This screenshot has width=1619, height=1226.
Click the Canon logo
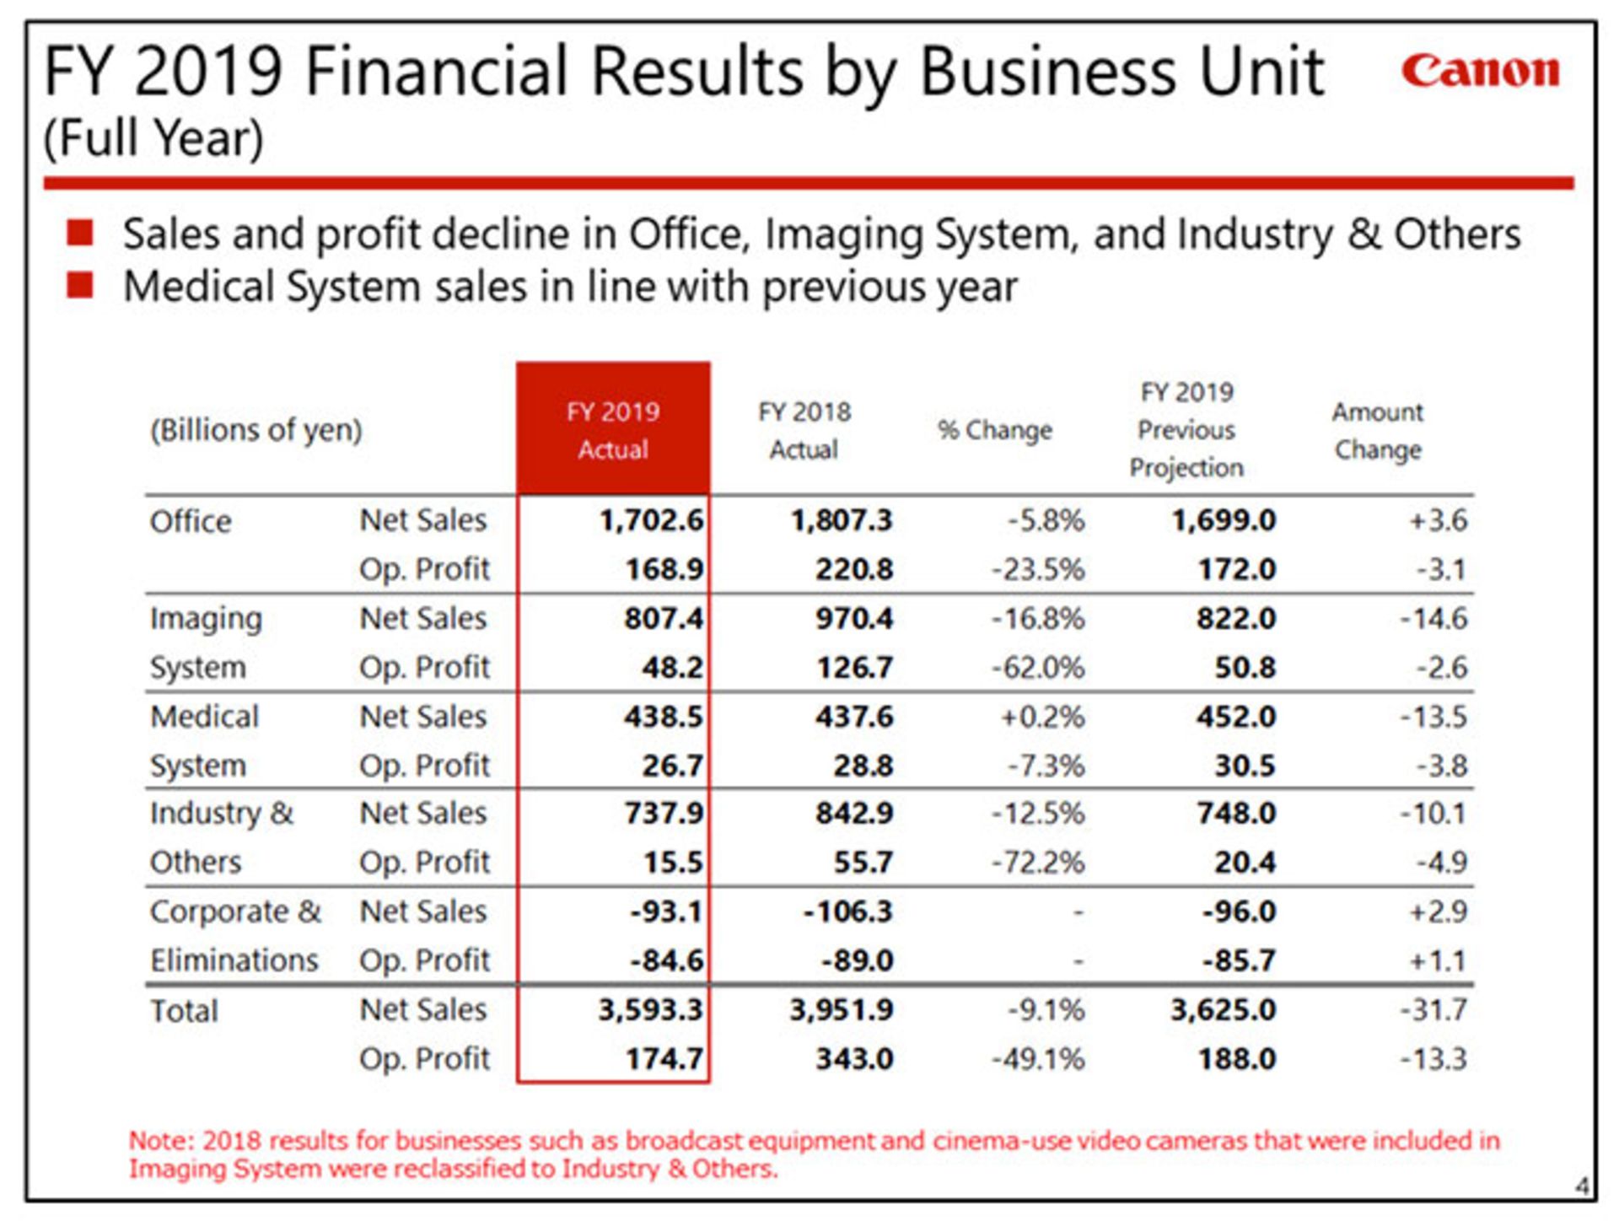(1480, 71)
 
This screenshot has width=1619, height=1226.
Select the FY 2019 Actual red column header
(613, 430)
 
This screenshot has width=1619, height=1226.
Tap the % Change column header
(995, 430)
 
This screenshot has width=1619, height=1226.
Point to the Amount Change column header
(1378, 431)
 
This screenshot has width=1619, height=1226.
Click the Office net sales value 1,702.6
(651, 520)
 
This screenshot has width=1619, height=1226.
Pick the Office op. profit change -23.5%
(1038, 569)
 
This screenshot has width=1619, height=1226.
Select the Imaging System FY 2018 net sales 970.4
(853, 618)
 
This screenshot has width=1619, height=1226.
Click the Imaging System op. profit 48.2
(672, 667)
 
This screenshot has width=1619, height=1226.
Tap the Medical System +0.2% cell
(1042, 717)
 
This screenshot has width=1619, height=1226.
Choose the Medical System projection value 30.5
(1245, 766)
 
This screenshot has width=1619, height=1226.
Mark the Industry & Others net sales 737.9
(664, 814)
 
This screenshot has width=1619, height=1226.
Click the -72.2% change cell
(1038, 863)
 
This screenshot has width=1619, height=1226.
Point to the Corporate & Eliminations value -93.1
(666, 911)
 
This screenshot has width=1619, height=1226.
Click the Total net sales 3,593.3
(650, 1009)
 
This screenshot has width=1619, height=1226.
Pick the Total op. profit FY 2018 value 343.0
(853, 1058)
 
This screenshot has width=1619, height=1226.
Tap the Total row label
(184, 1010)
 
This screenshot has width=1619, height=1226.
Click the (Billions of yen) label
(256, 430)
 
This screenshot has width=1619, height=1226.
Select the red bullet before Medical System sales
(80, 285)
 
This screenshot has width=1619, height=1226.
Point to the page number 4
(1582, 1186)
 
